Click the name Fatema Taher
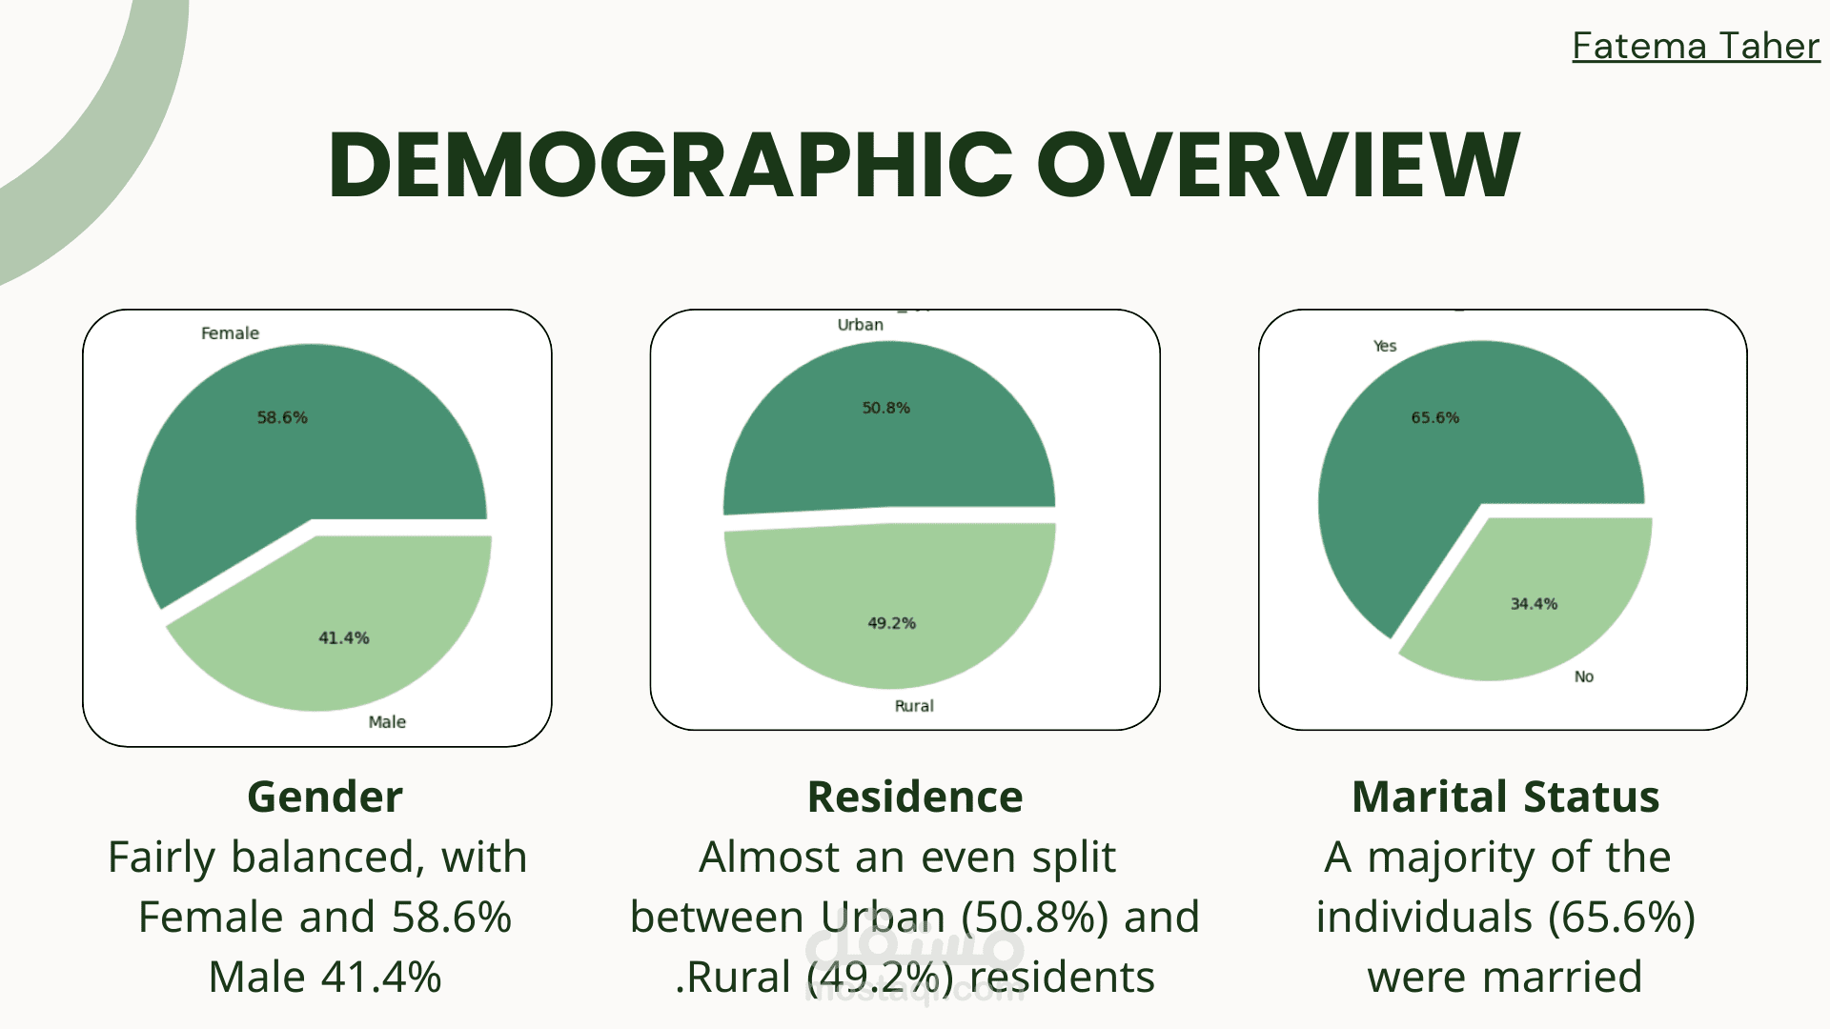1695,46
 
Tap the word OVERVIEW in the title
1278,166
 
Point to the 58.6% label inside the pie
282,417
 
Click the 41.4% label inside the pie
343,637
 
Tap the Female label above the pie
230,333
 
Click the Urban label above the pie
860,325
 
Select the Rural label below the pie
913,706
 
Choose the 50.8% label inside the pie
885,408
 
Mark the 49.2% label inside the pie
891,623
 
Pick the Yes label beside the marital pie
1384,346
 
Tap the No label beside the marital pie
1583,676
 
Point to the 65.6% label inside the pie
1434,417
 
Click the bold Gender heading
325,797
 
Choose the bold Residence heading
915,797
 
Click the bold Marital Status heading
1505,797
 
